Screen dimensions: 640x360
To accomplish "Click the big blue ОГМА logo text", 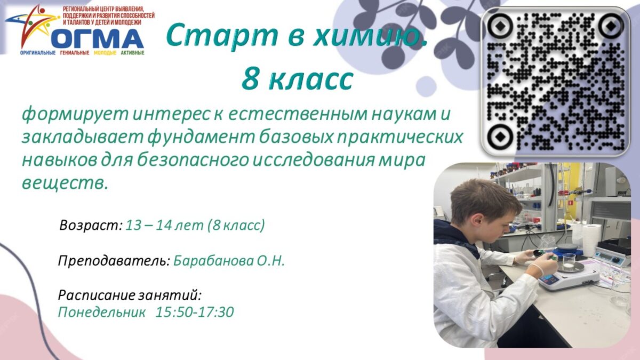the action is click(x=98, y=38).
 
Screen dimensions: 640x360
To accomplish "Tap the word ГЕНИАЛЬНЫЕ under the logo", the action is click(x=75, y=53).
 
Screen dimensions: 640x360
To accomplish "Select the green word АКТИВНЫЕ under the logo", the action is click(x=133, y=53).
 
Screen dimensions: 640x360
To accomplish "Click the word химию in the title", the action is click(x=370, y=35).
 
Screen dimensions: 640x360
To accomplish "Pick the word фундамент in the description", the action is click(x=201, y=138).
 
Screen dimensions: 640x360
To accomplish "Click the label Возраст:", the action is click(x=91, y=226).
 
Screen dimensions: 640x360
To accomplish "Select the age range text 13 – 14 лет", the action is click(x=165, y=225).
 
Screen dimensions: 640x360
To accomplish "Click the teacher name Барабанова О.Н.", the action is click(x=229, y=261).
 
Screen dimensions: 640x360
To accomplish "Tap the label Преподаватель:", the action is click(x=114, y=261).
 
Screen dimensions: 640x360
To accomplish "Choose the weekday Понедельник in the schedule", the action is click(x=102, y=312).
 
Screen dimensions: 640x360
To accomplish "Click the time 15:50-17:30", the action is click(x=195, y=311).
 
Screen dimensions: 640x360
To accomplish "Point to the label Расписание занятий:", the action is click(x=130, y=295).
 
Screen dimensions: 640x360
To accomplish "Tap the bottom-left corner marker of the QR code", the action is click(x=499, y=137).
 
